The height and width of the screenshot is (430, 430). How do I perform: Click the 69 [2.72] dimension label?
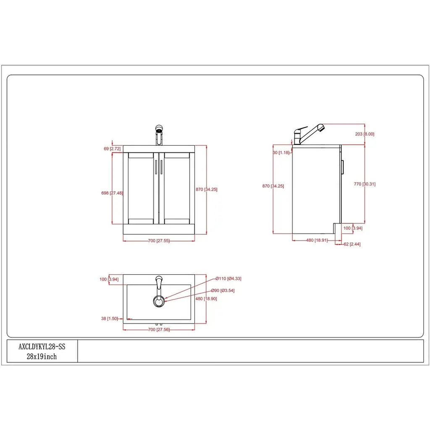pyautogui.click(x=112, y=149)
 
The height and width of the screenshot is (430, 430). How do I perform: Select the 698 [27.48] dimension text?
pyautogui.click(x=112, y=193)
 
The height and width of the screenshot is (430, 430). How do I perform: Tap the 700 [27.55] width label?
pyautogui.click(x=159, y=241)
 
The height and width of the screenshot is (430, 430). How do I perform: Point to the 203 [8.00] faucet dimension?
pyautogui.click(x=364, y=134)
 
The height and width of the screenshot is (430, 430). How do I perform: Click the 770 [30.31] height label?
pyautogui.click(x=364, y=184)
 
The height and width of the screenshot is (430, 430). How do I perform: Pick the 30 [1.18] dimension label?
pyautogui.click(x=281, y=152)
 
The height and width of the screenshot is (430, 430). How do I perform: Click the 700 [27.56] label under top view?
pyautogui.click(x=159, y=330)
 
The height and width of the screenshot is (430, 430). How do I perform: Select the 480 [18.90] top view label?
pyautogui.click(x=207, y=299)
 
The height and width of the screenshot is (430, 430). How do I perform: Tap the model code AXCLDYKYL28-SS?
pyautogui.click(x=42, y=347)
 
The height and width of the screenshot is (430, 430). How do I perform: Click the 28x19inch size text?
pyautogui.click(x=42, y=357)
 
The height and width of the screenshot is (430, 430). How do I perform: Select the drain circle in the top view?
pyautogui.click(x=159, y=301)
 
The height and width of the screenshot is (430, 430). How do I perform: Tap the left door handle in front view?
pyautogui.click(x=157, y=168)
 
